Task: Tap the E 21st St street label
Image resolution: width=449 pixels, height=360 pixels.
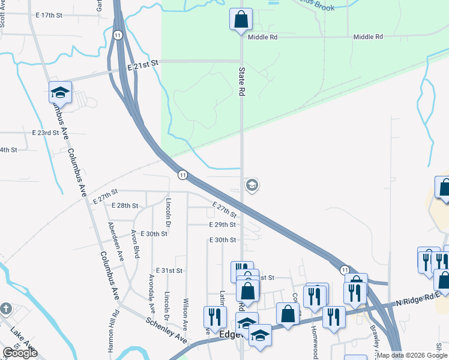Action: pos(142,62)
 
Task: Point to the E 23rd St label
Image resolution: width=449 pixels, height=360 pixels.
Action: pos(46,132)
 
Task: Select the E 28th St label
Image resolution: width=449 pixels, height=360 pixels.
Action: pos(125,205)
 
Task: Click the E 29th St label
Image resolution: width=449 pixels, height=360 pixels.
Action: pos(222,224)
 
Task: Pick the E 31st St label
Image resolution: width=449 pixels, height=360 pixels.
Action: pos(169,271)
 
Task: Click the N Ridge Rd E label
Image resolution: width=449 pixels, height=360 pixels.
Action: pos(420,299)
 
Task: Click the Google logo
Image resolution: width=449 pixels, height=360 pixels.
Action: pos(20,353)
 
